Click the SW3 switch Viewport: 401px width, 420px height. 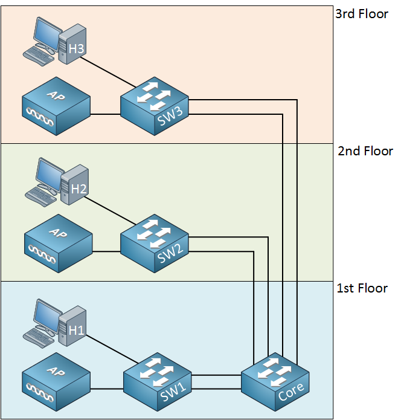(155, 106)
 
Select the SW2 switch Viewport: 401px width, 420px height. (155, 244)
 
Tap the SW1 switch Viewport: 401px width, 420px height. (158, 382)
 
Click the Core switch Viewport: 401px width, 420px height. (275, 382)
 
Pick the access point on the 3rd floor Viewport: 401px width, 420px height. (56, 106)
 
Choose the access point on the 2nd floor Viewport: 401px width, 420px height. (59, 244)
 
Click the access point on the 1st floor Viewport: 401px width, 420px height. (56, 382)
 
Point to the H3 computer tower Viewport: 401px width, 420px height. (72, 44)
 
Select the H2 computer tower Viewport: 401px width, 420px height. (75, 185)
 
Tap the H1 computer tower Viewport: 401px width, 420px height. (72, 326)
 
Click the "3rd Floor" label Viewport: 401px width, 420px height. (362, 14)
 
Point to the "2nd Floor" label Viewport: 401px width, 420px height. (365, 151)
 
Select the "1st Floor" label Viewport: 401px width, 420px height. (362, 288)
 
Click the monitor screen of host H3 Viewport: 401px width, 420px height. (47, 34)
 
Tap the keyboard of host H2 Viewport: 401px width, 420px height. (40, 197)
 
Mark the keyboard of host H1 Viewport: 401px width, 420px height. (39, 338)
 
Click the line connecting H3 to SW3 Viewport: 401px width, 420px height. (108, 72)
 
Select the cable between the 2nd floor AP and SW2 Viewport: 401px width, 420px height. (106, 251)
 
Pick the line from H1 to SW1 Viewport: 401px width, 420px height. (112, 349)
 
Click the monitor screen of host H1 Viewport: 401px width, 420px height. (47, 316)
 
